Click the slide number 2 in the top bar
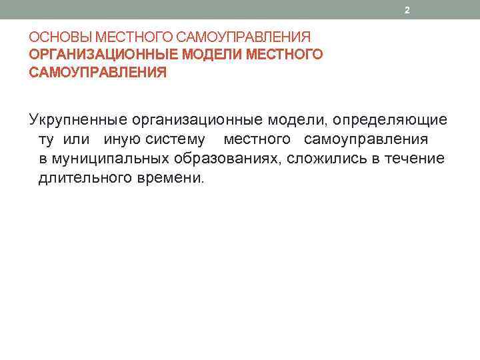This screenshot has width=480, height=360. pos(406,10)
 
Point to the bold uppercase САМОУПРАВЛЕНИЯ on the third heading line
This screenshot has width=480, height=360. pos(98,72)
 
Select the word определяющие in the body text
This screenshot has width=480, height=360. pos(391,120)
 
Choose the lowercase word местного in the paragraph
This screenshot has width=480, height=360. pos(257,139)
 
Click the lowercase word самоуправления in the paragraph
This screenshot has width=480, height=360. pos(366,139)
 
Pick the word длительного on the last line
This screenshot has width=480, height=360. pos(79,178)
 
